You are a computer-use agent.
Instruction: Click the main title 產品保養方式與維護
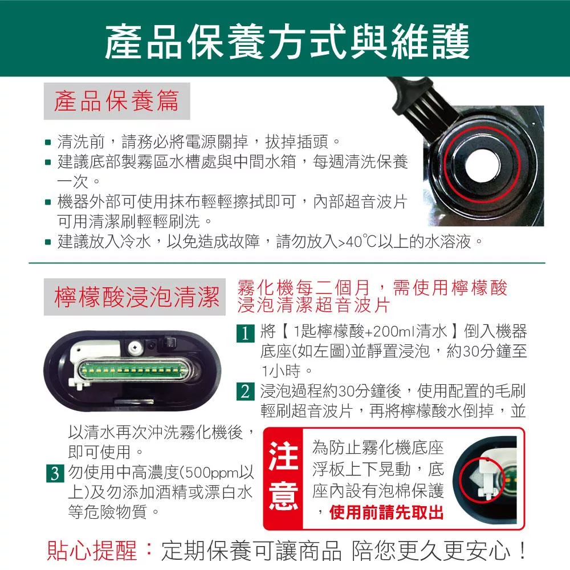pos(287,41)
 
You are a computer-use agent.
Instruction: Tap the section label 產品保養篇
pos(117,101)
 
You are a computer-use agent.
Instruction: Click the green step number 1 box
pos(245,333)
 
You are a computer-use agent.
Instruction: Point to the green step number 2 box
pos(245,392)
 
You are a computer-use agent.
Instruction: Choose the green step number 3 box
pos(55,473)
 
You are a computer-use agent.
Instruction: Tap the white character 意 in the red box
pos(283,496)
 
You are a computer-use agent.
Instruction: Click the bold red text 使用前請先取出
pos(386,512)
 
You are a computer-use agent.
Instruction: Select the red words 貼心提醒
pos(92,551)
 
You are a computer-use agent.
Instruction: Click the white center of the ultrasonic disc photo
pos(482,165)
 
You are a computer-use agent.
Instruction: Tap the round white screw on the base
pos(135,348)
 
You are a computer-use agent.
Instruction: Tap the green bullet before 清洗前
pos(48,142)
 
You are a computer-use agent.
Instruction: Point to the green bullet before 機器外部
pos(48,202)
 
